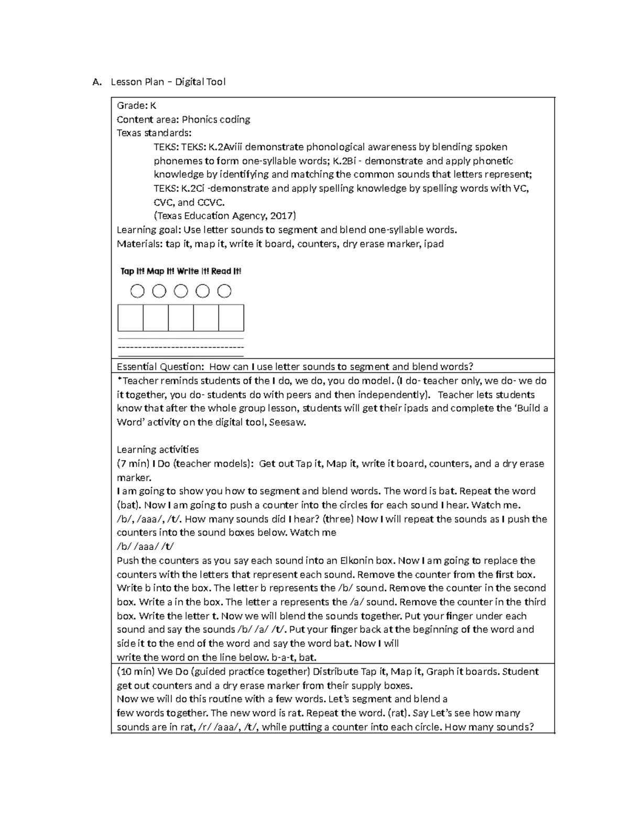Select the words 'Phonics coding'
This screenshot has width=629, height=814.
216,120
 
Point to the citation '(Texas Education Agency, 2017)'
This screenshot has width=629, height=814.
225,216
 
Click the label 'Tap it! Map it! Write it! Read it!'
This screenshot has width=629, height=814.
181,272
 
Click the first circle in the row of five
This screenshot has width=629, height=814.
137,291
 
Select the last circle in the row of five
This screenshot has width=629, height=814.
224,291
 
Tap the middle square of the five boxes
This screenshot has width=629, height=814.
181,318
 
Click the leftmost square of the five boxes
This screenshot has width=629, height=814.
131,318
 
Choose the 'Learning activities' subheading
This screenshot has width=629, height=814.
158,450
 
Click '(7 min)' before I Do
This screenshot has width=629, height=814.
133,464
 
